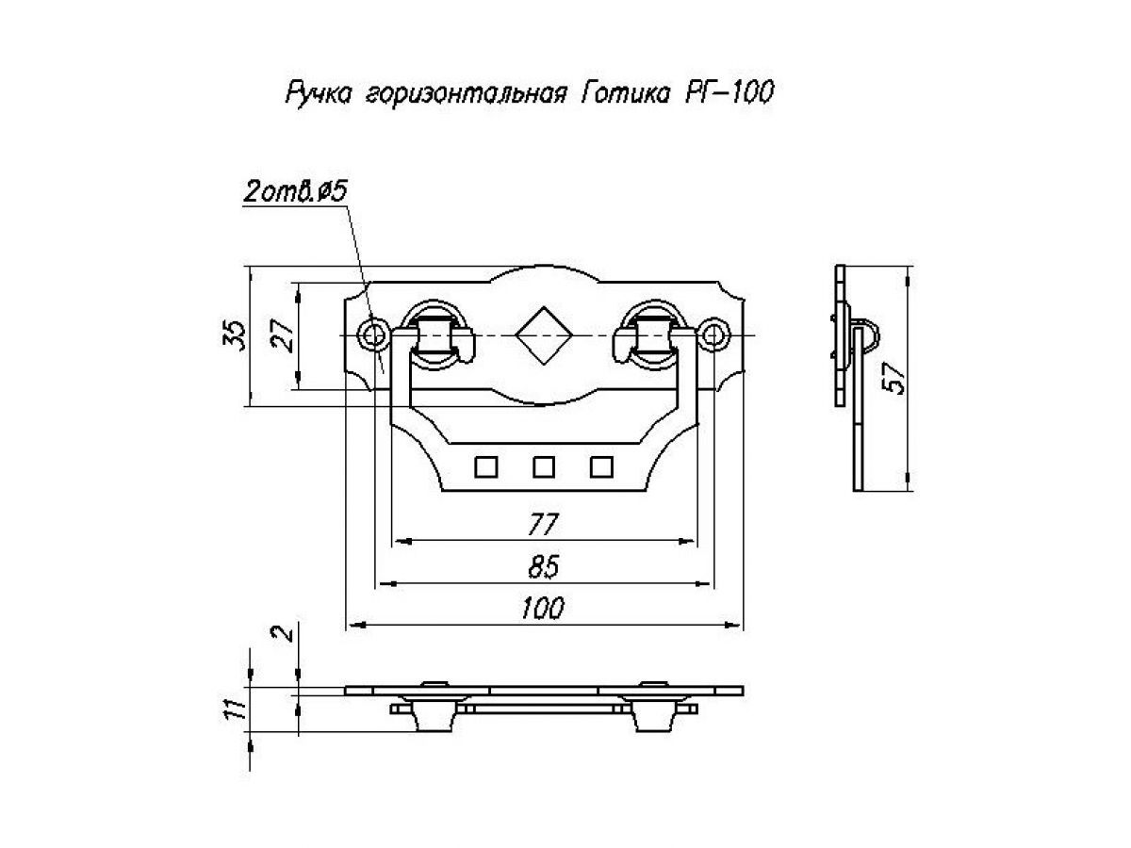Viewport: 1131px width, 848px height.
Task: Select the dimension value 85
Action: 544,566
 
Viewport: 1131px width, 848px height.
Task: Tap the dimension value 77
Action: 544,524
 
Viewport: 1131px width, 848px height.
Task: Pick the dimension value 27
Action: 283,335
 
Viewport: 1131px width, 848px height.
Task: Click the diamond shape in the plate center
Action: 543,334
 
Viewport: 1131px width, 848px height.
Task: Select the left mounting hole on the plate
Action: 374,334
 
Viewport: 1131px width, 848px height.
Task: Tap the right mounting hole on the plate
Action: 714,334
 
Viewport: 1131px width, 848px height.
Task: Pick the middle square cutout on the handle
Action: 543,465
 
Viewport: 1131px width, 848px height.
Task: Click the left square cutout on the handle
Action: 486,465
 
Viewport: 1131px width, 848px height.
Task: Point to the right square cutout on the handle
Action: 600,465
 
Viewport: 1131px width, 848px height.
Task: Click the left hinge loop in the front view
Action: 434,334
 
